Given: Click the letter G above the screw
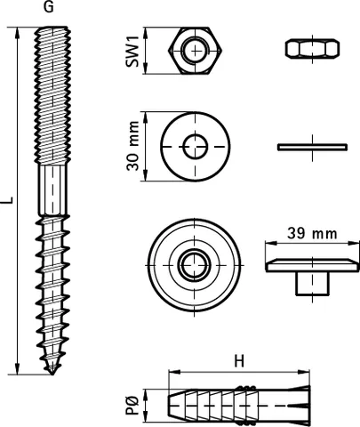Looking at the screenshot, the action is coord(49,7).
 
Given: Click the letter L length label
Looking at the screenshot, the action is coord(9,200).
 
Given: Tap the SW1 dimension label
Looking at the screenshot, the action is coord(132,51).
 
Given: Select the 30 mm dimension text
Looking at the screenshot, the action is coord(132,146).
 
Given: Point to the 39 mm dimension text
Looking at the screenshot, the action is coord(312,233).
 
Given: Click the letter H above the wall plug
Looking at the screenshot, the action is coord(239,361).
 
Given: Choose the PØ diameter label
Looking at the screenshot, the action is coord(132,406).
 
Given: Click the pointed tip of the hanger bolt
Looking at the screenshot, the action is coord(52,375).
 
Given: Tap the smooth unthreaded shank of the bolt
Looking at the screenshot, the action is coord(53,189).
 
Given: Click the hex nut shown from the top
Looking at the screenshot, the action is coord(196,51).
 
